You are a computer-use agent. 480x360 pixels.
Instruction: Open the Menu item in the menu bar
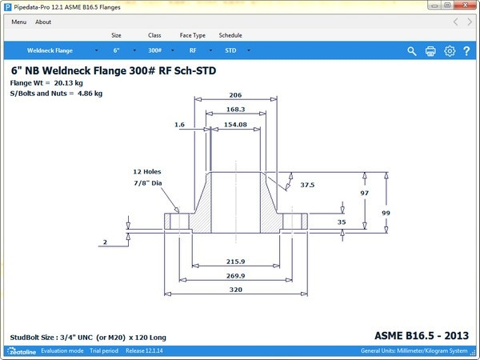coord(19,22)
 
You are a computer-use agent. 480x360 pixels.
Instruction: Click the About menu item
coord(43,22)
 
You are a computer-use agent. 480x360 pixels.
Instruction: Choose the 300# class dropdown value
coord(155,50)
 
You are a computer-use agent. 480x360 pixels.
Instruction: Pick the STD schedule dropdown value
coord(230,50)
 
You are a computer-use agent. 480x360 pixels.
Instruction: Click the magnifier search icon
coord(412,51)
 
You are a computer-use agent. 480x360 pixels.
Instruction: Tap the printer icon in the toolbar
coord(430,51)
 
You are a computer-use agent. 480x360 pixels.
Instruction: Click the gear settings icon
coord(450,51)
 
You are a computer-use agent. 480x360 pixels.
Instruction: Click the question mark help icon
coord(466,51)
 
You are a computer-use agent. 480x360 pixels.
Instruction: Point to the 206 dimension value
coord(235,95)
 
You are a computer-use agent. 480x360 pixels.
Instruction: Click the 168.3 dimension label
coord(236,110)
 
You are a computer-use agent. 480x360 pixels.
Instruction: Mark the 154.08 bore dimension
coord(235,125)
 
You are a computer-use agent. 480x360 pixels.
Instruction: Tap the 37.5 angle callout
coord(307,185)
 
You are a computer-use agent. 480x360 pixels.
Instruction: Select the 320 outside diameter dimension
coord(235,290)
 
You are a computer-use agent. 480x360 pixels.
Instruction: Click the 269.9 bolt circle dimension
coord(236,276)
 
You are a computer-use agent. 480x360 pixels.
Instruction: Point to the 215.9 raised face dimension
coord(236,262)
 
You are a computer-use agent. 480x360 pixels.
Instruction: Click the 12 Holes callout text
coord(148,172)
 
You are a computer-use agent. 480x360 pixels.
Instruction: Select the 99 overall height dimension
coord(407,213)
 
